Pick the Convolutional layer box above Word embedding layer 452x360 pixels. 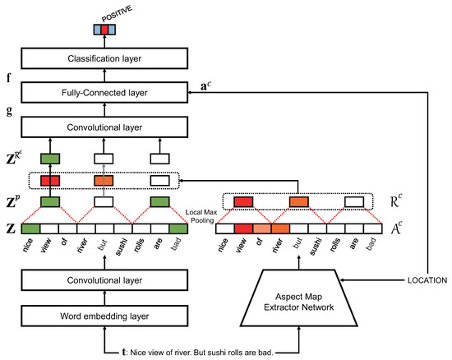[x=104, y=282]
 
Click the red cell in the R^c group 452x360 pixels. [x=244, y=201]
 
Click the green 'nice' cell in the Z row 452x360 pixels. [x=31, y=229]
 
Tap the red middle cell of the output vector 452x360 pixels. [x=104, y=29]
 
